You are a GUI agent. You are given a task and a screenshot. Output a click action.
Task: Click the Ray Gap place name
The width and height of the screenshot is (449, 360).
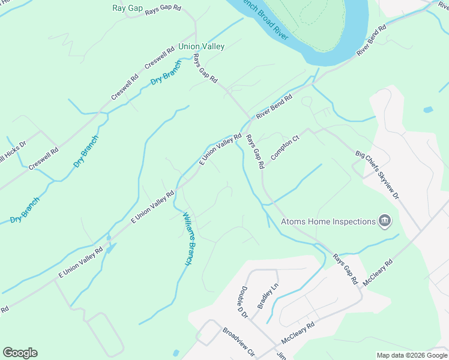(127, 8)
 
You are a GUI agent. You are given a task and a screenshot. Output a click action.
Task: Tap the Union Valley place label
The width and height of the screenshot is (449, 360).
(201, 46)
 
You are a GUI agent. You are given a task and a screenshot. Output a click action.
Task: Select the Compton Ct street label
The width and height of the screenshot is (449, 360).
(285, 148)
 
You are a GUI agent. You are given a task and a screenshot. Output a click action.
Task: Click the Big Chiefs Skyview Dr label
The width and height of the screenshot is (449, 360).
(377, 175)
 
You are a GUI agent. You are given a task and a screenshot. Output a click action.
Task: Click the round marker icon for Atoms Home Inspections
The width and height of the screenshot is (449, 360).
(384, 222)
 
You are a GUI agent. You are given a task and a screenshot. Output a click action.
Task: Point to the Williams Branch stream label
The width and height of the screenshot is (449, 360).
(189, 238)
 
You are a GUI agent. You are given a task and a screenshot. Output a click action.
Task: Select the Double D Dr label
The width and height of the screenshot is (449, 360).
(244, 301)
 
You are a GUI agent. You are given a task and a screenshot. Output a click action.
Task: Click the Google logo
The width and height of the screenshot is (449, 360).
(20, 353)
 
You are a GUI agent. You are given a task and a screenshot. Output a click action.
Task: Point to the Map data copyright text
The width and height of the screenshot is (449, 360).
(412, 355)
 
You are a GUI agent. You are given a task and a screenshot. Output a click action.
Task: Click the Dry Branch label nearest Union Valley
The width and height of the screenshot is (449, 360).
(166, 73)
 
